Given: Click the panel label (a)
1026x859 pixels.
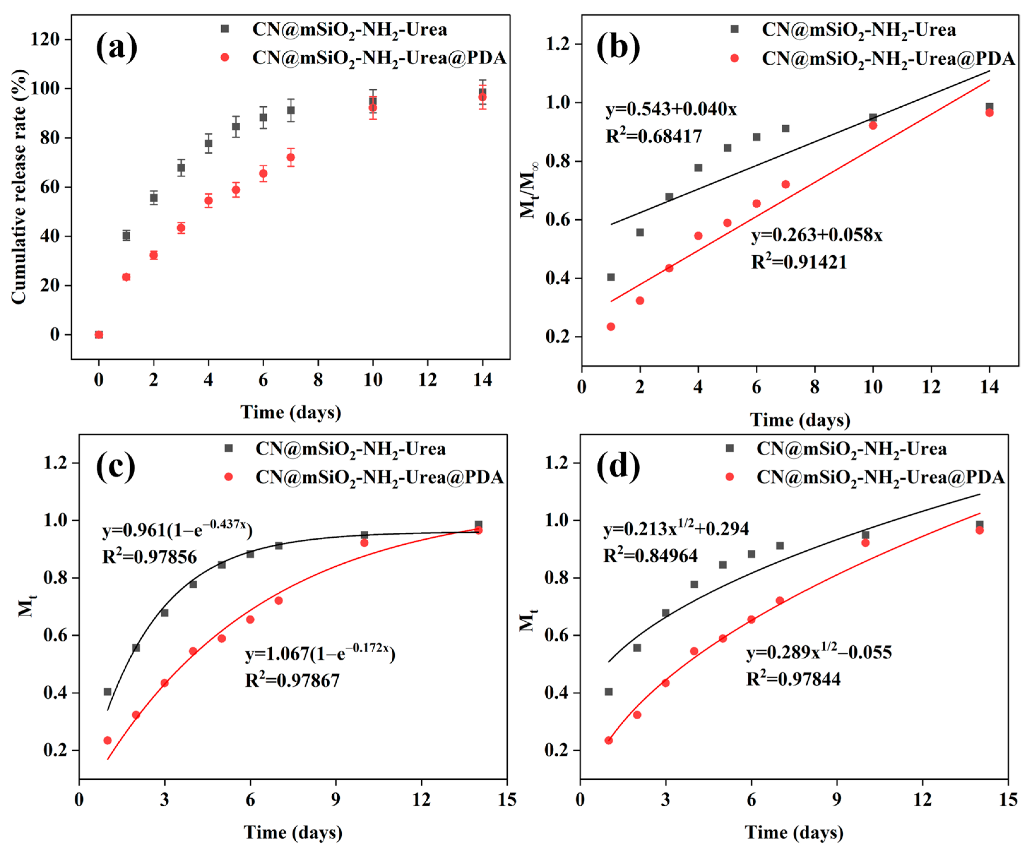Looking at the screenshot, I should click(x=116, y=48).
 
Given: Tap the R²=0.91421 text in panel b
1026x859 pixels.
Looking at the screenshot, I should click(x=799, y=262).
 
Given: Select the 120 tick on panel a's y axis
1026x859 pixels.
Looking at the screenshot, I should click(x=45, y=39).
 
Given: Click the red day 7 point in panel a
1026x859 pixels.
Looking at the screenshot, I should click(x=291, y=157).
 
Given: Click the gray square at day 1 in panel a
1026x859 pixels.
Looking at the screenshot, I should click(x=126, y=235).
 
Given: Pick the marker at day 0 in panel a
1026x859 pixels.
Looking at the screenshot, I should click(x=99, y=335).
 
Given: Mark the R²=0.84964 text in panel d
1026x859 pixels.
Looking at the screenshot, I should click(x=650, y=555).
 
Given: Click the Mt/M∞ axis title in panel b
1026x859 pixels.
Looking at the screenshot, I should click(x=529, y=190).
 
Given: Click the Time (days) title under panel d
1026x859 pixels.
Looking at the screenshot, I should click(x=794, y=832).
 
